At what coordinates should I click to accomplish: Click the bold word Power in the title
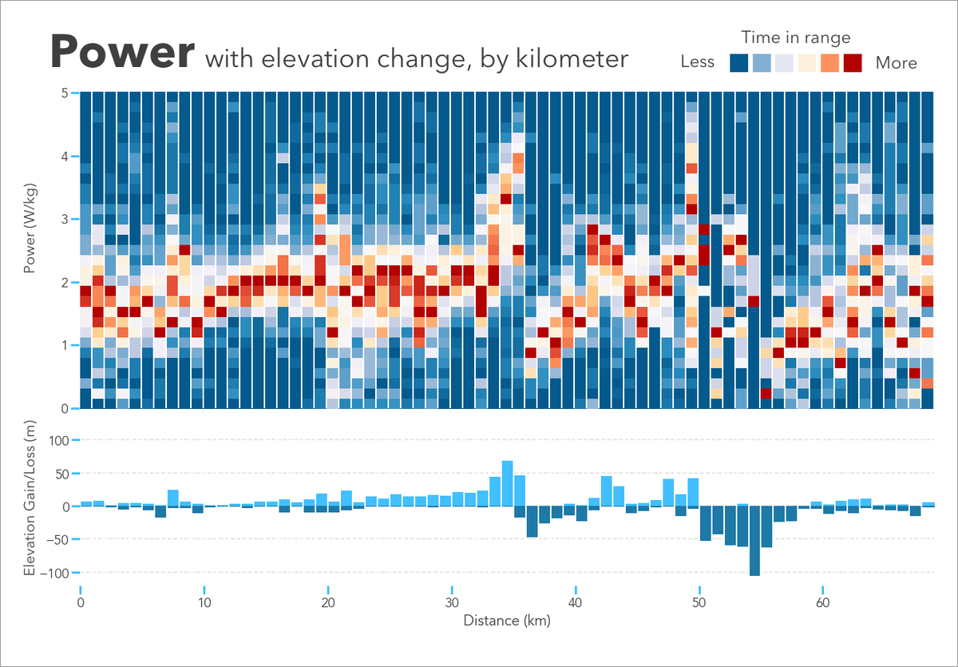[x=122, y=53]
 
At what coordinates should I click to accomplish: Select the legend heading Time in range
[x=795, y=38]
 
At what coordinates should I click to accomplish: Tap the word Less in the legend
[x=697, y=62]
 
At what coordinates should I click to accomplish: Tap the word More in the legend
[x=896, y=63]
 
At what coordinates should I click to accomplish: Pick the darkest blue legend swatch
[x=739, y=63]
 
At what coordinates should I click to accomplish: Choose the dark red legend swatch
[x=853, y=63]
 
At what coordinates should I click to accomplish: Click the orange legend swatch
[x=830, y=63]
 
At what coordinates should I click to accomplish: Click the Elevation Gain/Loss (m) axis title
[x=31, y=506]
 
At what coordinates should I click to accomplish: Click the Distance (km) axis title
[x=506, y=620]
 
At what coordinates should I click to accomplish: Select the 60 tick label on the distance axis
[x=822, y=603]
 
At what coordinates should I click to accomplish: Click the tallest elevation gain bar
[x=507, y=483]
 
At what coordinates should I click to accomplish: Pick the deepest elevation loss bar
[x=754, y=541]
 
